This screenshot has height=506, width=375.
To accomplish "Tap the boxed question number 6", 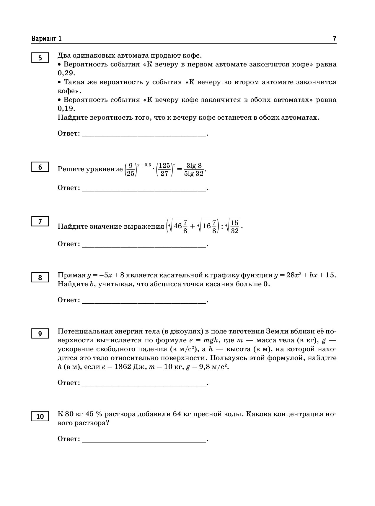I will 40,167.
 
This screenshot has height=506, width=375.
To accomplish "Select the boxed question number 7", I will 40,222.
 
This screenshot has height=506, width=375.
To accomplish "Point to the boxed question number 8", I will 40,278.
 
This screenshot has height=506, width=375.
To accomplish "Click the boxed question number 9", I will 40,334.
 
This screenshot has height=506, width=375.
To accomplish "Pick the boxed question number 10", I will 40,416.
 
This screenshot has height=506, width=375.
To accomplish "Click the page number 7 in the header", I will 334,39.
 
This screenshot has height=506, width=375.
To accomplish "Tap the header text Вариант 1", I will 47,39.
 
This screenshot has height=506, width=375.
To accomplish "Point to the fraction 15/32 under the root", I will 235,227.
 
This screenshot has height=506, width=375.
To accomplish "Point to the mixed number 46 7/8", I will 181,227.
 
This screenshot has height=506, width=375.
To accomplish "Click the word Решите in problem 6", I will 71,169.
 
